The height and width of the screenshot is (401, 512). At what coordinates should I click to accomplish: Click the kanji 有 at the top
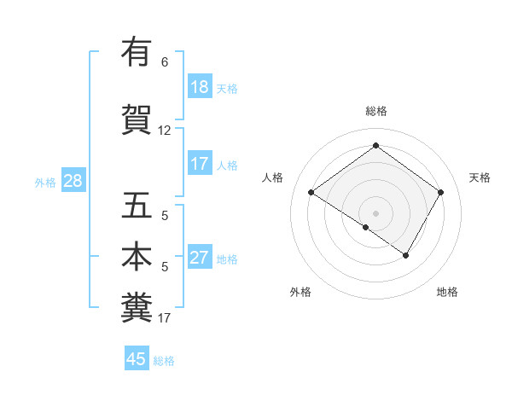pyautogui.click(x=137, y=53)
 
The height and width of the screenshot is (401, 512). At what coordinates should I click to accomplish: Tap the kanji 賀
pyautogui.click(x=137, y=119)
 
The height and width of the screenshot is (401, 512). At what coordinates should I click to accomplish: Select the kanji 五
pyautogui.click(x=137, y=206)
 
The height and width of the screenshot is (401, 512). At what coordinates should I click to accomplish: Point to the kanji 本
pyautogui.click(x=137, y=257)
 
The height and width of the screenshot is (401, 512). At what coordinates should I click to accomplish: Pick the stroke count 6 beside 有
pyautogui.click(x=165, y=62)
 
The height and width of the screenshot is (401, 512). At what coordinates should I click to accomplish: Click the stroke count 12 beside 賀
pyautogui.click(x=165, y=131)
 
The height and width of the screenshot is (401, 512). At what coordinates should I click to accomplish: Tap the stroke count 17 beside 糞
pyautogui.click(x=165, y=318)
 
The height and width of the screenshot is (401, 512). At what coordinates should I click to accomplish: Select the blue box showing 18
pyautogui.click(x=200, y=87)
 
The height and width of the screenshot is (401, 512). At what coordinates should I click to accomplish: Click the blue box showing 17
pyautogui.click(x=200, y=164)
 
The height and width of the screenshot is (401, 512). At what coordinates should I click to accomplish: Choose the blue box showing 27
pyautogui.click(x=200, y=259)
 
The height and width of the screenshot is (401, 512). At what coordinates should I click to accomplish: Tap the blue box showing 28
pyautogui.click(x=73, y=181)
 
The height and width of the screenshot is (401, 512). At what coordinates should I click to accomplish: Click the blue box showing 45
pyautogui.click(x=137, y=359)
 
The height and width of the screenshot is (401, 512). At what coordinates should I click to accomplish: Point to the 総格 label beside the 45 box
pyautogui.click(x=165, y=361)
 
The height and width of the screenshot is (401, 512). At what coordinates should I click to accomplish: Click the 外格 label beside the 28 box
pyautogui.click(x=45, y=182)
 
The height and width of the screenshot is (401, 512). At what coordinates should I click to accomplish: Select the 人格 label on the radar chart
pyautogui.click(x=273, y=177)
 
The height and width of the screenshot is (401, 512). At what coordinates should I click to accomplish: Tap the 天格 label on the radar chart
pyautogui.click(x=480, y=177)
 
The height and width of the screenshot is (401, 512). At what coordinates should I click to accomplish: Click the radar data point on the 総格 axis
pyautogui.click(x=375, y=146)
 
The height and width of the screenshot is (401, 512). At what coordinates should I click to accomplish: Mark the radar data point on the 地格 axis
pyautogui.click(x=406, y=255)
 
